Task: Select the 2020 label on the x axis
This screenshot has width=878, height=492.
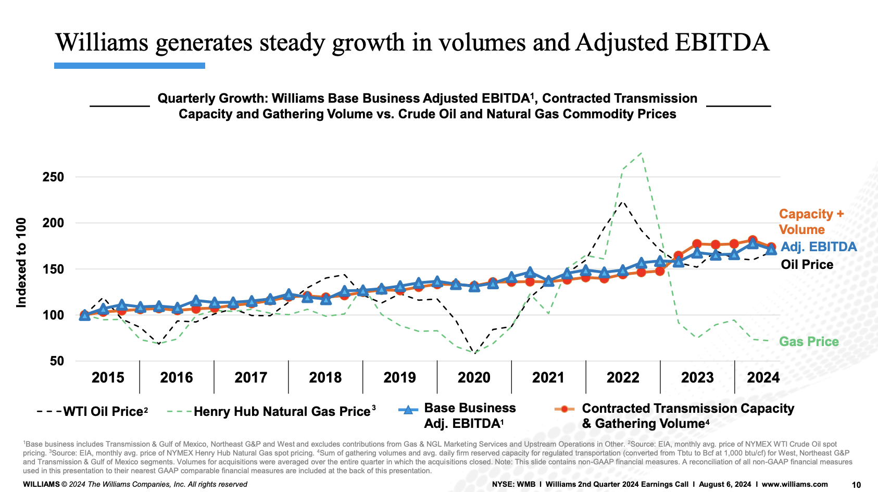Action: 474,377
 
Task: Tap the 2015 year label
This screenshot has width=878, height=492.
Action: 108,377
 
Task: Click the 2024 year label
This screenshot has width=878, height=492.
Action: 763,377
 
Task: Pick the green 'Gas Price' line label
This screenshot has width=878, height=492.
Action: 809,342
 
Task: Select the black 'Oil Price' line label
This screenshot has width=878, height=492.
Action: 807,265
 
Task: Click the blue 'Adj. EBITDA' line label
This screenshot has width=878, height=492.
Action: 819,247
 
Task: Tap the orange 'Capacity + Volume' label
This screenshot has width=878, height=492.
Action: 810,222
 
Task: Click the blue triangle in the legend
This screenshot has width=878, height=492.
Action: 408,410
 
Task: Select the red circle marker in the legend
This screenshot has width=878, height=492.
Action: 564,409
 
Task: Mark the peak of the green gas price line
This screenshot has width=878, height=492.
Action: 641,153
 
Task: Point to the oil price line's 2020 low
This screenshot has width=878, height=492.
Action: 474,353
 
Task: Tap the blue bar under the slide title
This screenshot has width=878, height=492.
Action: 130,66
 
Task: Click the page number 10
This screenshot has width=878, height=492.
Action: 856,485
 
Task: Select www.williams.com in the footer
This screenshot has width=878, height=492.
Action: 795,484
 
